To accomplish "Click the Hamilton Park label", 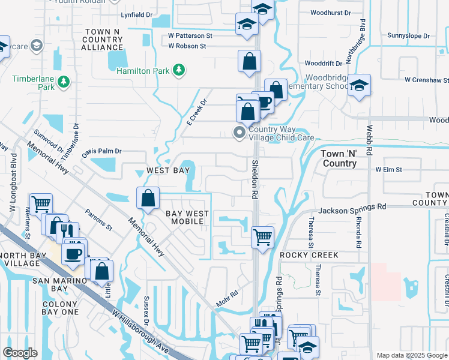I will point(142,71).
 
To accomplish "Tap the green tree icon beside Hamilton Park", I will point(178,71).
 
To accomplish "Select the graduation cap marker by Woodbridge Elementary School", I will point(359,85).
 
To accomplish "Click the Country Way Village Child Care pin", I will point(240,133).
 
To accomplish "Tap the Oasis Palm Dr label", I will point(101,152).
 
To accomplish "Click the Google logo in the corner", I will point(20,353).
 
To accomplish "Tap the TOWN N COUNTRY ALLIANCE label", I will point(102,39).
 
